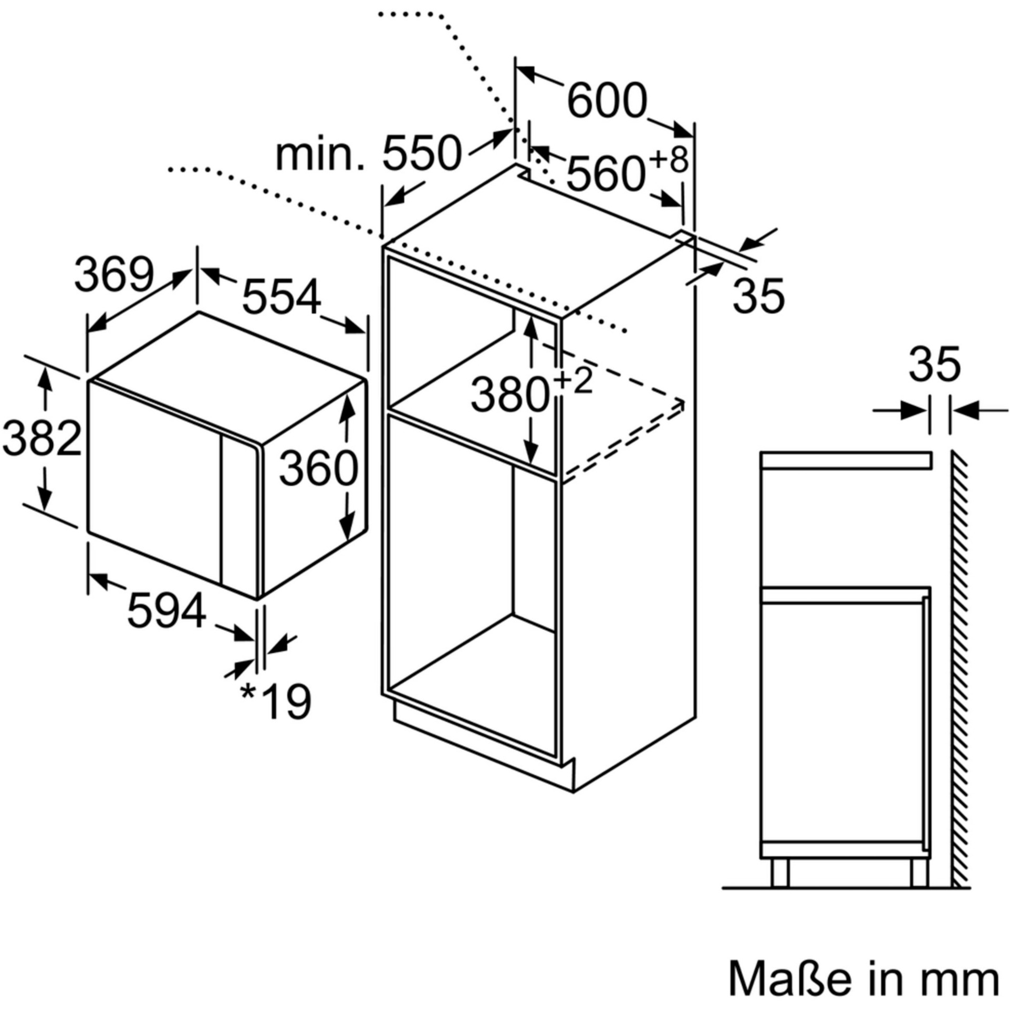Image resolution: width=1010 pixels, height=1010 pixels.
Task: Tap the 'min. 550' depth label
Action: coord(368,154)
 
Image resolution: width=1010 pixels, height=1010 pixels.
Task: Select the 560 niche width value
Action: coord(605,175)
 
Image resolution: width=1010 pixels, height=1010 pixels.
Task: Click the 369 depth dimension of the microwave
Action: coord(114,275)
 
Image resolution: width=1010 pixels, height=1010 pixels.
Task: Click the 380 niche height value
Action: coord(509,395)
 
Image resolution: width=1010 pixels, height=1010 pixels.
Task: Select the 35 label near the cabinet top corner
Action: coord(758,296)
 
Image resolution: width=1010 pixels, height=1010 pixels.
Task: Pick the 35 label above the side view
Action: coord(934,364)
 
